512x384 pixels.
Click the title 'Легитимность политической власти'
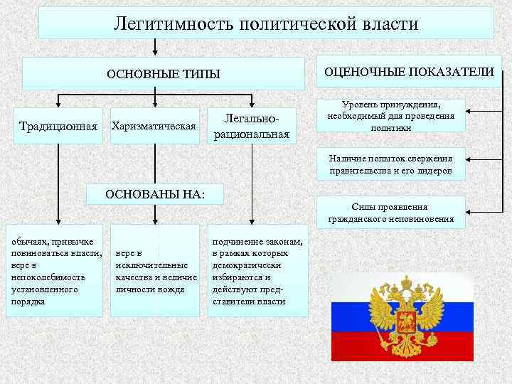266,23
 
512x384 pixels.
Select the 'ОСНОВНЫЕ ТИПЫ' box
164,74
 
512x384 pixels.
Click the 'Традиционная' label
58,127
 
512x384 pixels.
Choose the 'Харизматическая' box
154,127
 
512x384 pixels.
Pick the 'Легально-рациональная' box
257,125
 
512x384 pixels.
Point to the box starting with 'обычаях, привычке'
55,270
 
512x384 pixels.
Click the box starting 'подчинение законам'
257,270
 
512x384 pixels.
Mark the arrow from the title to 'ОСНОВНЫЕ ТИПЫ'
156,48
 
